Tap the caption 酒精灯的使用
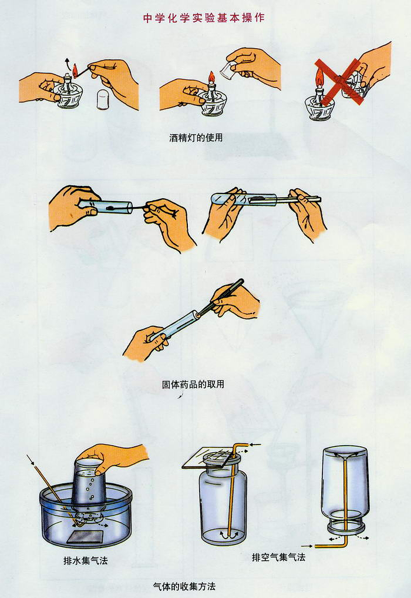(x=196, y=137)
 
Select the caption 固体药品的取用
(x=193, y=384)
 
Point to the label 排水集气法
(x=86, y=560)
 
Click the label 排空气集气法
(x=278, y=557)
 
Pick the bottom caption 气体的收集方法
(x=184, y=586)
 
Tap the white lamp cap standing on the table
(x=103, y=99)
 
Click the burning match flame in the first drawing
(x=75, y=69)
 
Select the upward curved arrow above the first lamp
(x=67, y=62)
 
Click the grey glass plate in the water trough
(x=85, y=536)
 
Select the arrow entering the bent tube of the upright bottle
(x=255, y=445)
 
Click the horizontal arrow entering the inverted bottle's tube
(x=307, y=546)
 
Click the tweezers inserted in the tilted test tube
(x=221, y=298)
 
